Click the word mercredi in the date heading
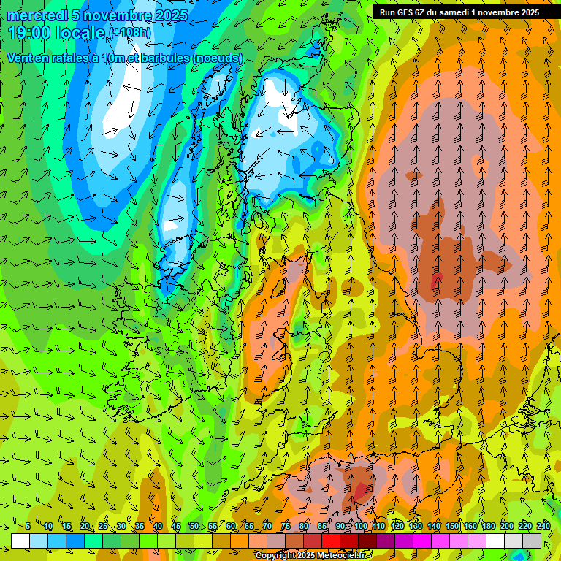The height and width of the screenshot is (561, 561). (x=37, y=15)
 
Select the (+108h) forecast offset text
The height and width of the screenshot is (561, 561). (x=130, y=33)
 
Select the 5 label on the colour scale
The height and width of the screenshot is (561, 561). (x=28, y=526)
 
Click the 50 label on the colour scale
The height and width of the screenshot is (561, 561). (x=194, y=526)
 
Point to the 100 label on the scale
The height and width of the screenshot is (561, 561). (x=360, y=526)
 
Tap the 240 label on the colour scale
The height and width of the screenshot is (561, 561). (x=543, y=526)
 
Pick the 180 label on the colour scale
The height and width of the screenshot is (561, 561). (x=488, y=526)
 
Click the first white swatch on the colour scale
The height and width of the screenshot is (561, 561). (x=20, y=541)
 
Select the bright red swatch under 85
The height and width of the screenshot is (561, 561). (x=331, y=541)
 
